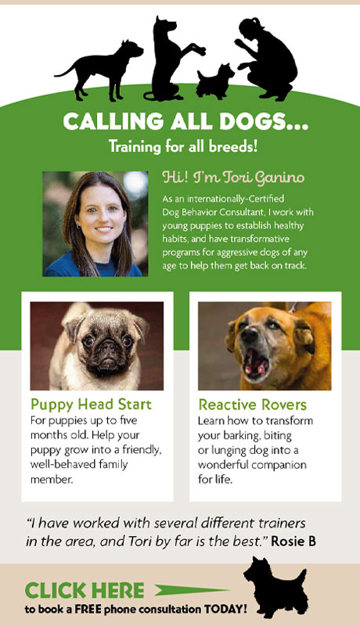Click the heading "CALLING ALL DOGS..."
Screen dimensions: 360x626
[185, 121]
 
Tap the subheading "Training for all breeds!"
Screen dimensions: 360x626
[183, 146]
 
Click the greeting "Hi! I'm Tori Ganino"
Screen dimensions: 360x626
[233, 178]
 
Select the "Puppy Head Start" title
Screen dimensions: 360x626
[91, 404]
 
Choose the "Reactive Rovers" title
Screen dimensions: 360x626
[252, 405]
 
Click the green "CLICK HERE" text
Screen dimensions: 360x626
[85, 591]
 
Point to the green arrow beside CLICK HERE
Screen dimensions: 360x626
[192, 590]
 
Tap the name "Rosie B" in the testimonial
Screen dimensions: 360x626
[293, 541]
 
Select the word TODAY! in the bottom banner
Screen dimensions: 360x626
[225, 610]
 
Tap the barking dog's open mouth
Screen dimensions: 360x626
[256, 362]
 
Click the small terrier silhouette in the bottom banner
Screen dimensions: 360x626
[275, 586]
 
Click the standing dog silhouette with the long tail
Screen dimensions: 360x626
[102, 70]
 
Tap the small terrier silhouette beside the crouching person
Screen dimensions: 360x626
[215, 82]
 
